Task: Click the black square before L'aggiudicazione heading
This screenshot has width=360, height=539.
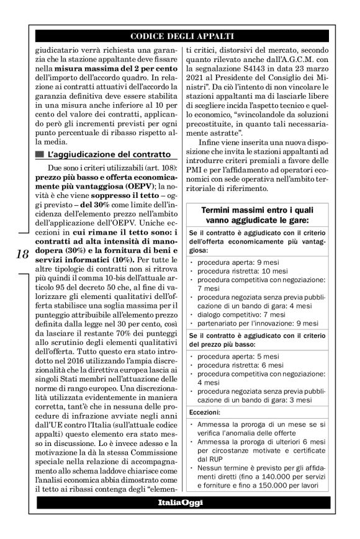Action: tap(41, 153)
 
